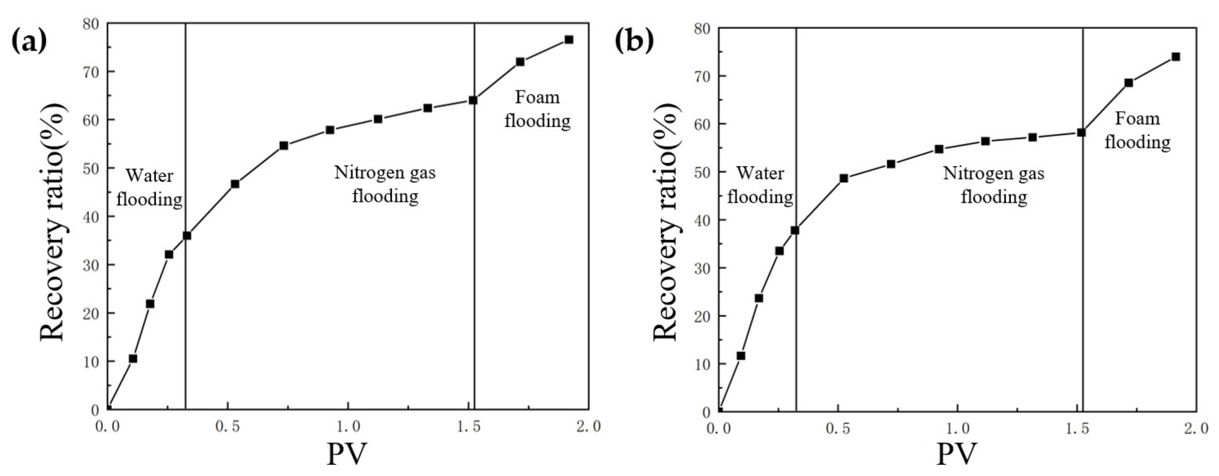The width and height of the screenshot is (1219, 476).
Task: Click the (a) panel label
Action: [x=29, y=42]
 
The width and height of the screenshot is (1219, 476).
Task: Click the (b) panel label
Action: [x=634, y=41]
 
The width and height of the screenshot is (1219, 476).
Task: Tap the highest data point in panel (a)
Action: [x=569, y=40]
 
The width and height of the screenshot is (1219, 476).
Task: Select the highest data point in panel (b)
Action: [x=1175, y=57]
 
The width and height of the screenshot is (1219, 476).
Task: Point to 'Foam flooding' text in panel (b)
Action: [x=1138, y=130]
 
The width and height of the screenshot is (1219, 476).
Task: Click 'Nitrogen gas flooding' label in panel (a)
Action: [x=385, y=184]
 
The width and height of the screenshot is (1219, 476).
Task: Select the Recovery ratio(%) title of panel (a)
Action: [x=53, y=222]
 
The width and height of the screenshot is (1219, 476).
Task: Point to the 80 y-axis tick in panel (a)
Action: [x=92, y=24]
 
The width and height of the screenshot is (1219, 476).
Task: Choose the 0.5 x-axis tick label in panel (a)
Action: [x=228, y=426]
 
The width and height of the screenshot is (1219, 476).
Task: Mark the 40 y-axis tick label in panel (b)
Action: [x=702, y=220]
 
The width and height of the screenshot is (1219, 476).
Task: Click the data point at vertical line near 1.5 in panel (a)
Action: [x=473, y=100]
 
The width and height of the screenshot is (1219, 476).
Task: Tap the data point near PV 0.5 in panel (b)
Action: [x=844, y=178]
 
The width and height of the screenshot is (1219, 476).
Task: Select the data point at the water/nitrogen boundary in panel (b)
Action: [x=795, y=230]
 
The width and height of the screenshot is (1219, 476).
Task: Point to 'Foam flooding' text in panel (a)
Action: [x=537, y=109]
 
